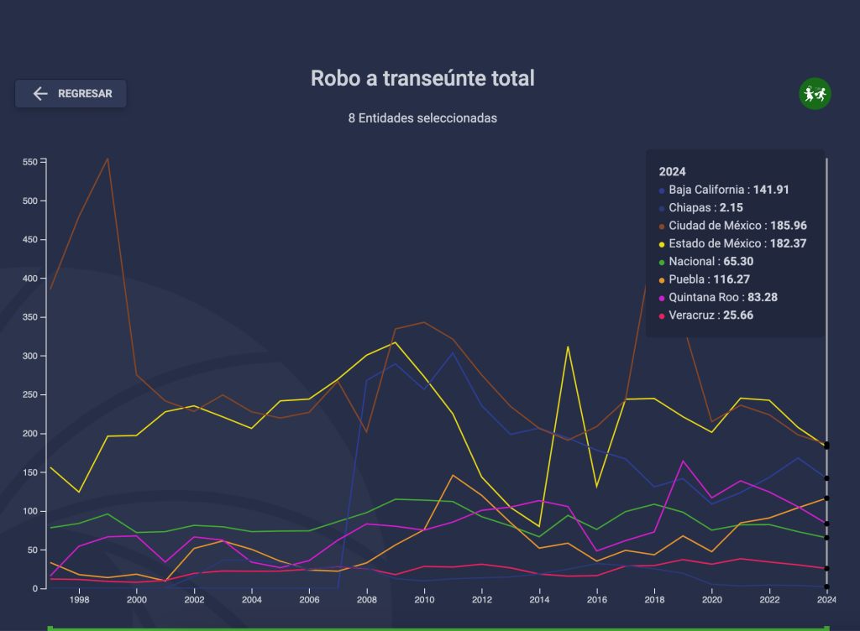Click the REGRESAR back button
point(71,94)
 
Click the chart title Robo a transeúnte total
point(422,78)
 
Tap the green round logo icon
point(814,94)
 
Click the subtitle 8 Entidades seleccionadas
point(422,118)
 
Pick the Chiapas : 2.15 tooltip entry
point(705,207)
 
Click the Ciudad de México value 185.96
point(788,226)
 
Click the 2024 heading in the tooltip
point(673,171)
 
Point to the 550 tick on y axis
point(29,162)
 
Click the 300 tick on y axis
point(29,356)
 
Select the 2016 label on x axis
point(597,600)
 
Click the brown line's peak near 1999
point(107,159)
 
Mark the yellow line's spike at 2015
point(569,347)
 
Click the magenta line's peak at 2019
point(684,461)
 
